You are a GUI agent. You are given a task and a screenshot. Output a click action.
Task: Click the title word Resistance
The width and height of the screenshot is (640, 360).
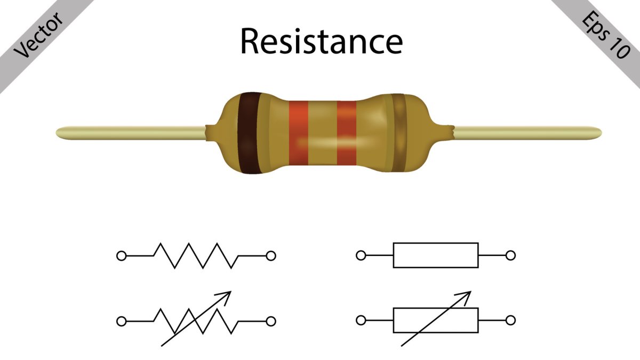[x=321, y=41]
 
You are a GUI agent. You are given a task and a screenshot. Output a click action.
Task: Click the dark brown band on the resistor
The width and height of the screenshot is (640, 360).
[x=249, y=133]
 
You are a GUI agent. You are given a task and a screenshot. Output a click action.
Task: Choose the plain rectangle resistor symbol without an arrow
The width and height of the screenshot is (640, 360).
[x=436, y=255]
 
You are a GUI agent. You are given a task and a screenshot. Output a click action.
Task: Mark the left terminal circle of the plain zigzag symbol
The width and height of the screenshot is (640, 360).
[x=122, y=256]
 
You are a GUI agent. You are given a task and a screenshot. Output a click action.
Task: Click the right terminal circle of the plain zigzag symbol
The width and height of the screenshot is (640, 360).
[x=271, y=256]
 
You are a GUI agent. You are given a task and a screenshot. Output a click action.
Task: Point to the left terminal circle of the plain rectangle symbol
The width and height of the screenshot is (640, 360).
[x=361, y=255]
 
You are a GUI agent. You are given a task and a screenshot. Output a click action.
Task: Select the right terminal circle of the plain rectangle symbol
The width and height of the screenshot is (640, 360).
[x=510, y=255]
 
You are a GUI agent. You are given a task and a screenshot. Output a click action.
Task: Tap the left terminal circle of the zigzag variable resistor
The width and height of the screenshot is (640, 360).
[x=122, y=321]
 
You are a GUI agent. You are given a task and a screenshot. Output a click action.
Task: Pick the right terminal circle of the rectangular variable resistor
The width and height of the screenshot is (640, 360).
[x=510, y=321]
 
